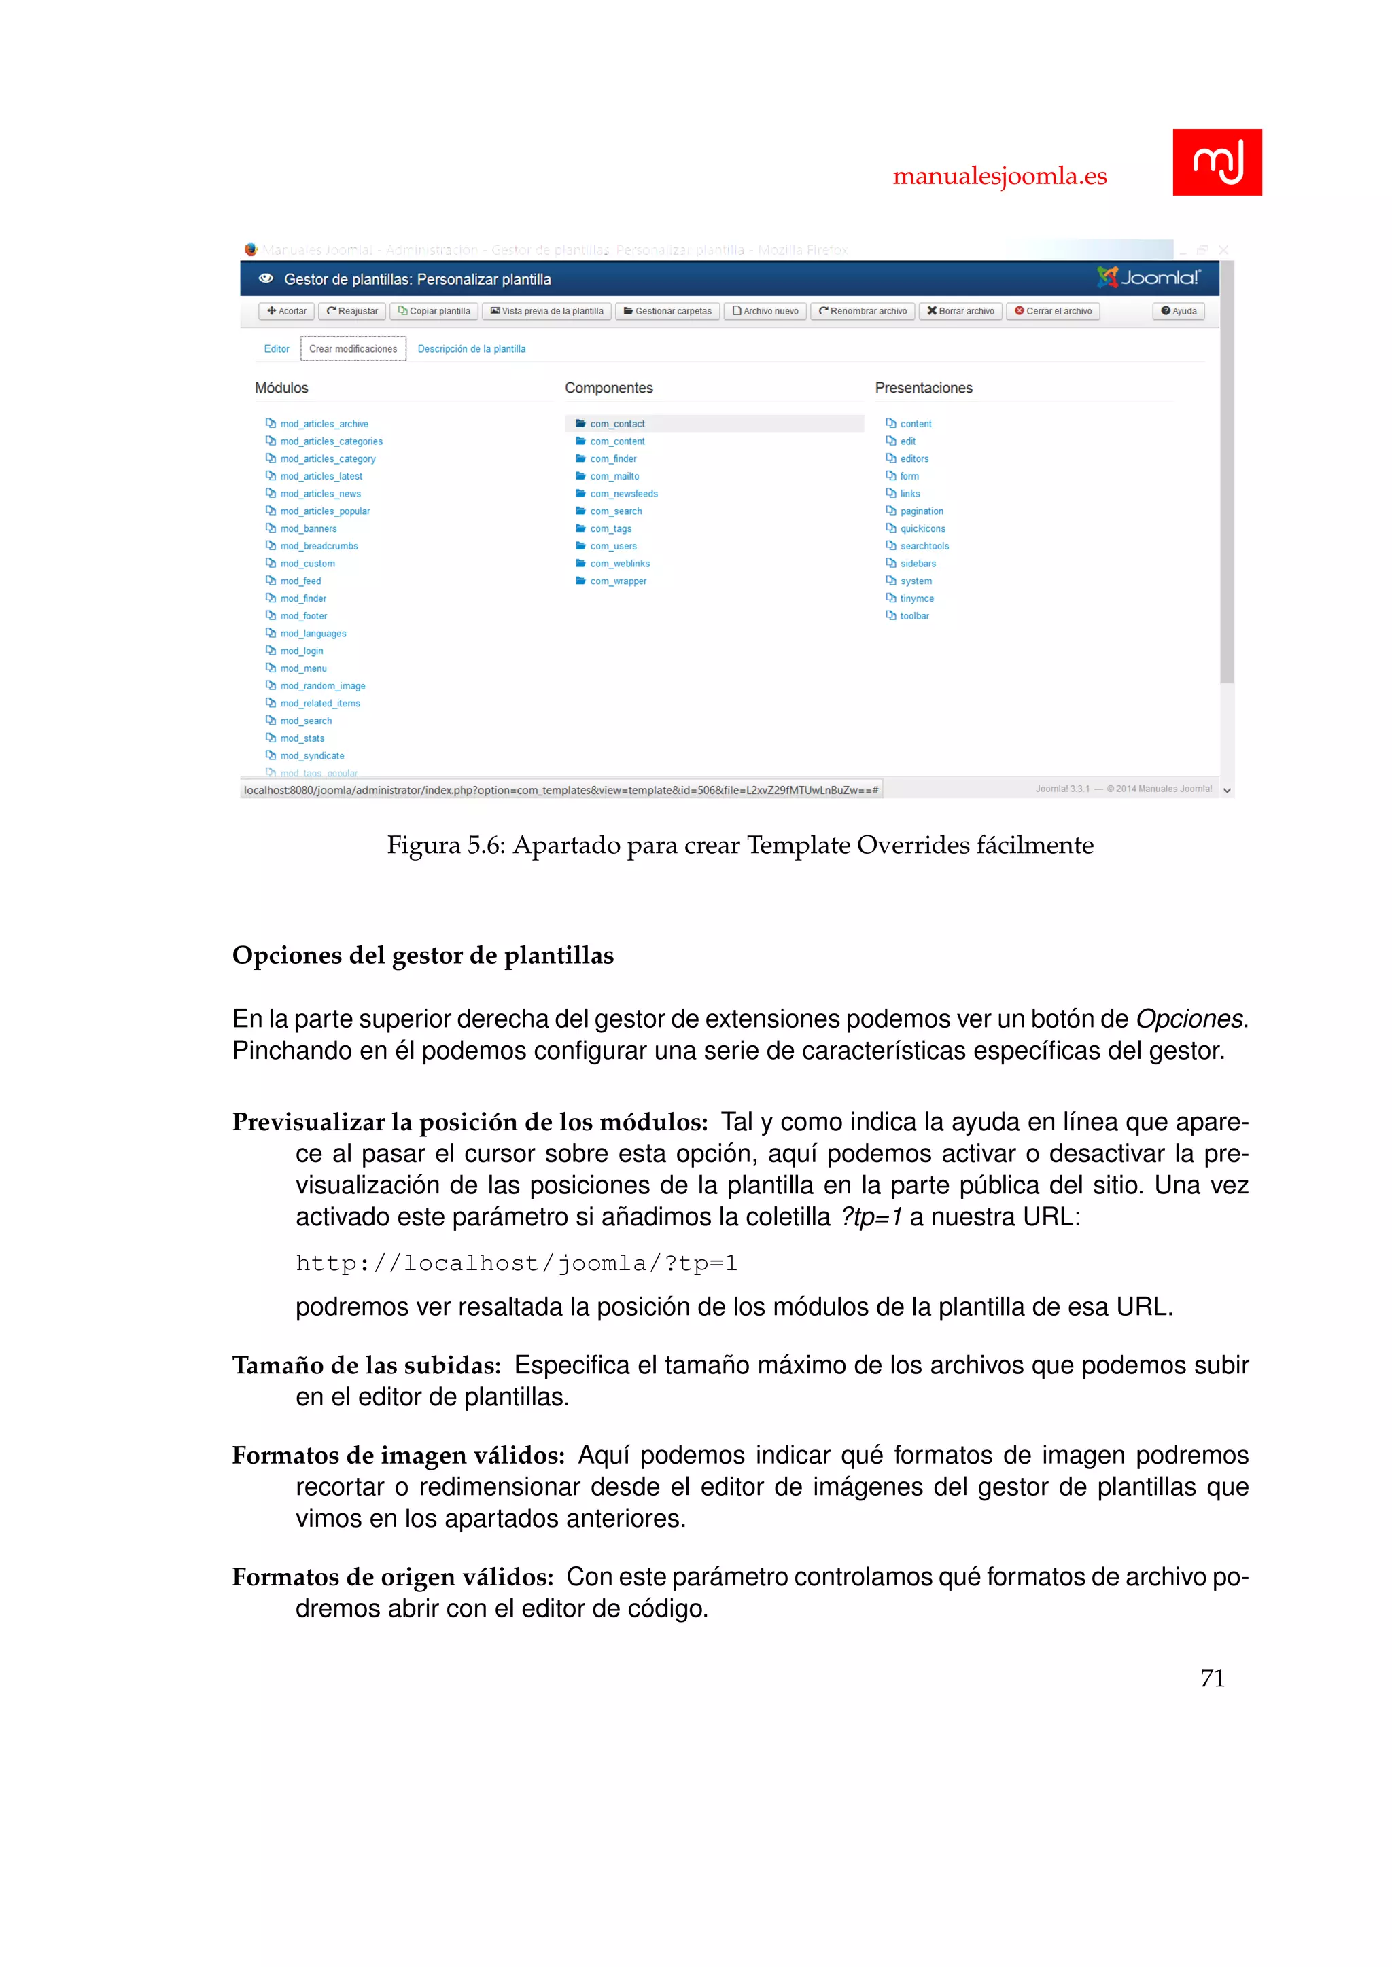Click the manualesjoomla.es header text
coord(999,176)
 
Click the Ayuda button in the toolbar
coord(1179,311)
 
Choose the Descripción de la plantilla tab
coord(472,348)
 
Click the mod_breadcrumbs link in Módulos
coord(319,545)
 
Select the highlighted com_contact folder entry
coord(617,423)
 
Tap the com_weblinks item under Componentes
coord(620,564)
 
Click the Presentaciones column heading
coord(923,388)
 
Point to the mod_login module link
coord(302,651)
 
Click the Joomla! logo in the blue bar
coord(1149,278)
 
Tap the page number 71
coord(1212,1678)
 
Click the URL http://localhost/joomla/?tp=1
coord(516,1263)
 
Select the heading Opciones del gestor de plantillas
coord(423,955)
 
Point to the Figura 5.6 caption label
coord(446,846)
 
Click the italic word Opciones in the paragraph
coord(1189,1019)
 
